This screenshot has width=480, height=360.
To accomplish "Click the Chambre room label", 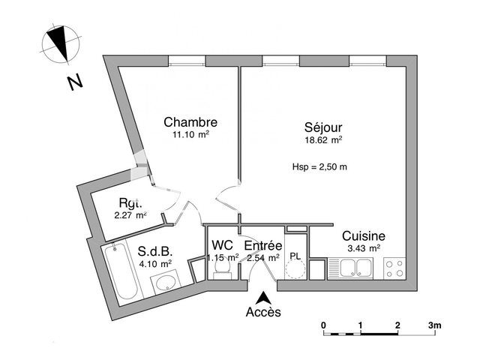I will click(x=190, y=122).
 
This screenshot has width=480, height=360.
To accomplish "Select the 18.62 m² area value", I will click(x=323, y=139).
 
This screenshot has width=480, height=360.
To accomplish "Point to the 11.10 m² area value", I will click(x=190, y=135).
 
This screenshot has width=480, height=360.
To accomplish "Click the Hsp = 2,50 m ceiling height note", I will click(x=319, y=167).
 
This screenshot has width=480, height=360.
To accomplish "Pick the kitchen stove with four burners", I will click(x=394, y=267).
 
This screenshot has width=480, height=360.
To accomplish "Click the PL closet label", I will click(x=295, y=256).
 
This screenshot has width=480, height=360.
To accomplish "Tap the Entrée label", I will click(x=262, y=245).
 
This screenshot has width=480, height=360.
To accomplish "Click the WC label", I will click(x=222, y=245).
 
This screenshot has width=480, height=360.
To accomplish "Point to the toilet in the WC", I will click(x=221, y=272).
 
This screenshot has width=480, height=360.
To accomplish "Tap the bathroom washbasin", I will click(x=165, y=282).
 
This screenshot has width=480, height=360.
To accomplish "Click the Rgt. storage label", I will click(x=130, y=203).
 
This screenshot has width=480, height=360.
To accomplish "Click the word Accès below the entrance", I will click(x=262, y=312).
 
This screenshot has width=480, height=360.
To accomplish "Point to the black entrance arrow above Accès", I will click(x=262, y=297).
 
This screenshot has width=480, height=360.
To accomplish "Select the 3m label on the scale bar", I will click(x=435, y=325).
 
